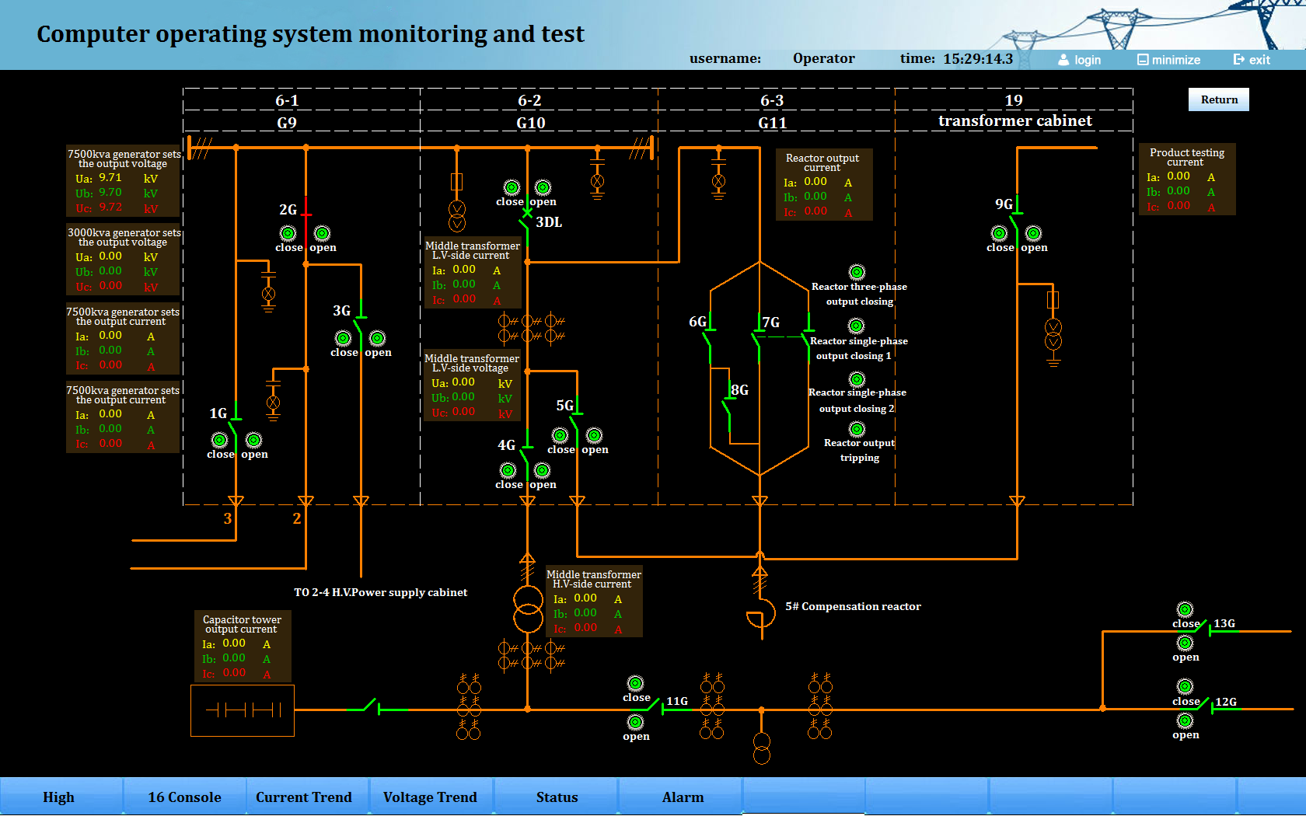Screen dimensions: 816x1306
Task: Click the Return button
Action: pos(1218,99)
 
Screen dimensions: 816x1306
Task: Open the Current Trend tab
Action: pos(303,797)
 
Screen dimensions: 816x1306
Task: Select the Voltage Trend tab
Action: pos(430,797)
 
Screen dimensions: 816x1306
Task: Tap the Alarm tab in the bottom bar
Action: pos(683,797)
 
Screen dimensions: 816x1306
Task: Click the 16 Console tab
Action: pos(184,797)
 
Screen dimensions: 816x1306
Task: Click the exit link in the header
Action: pos(1252,60)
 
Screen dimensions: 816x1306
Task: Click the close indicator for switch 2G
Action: pos(288,233)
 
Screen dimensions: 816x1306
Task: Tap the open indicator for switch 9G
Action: pos(1033,233)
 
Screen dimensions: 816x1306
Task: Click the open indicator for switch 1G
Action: pos(253,440)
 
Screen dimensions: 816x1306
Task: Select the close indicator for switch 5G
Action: pos(560,435)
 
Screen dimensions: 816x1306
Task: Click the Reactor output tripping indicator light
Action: pos(857,429)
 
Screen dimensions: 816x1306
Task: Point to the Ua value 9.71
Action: pos(110,178)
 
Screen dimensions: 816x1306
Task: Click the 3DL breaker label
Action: pos(549,222)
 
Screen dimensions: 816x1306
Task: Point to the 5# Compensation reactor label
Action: pos(853,606)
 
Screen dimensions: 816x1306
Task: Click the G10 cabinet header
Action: pos(531,123)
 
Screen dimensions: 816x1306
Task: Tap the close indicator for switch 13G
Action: pos(1185,609)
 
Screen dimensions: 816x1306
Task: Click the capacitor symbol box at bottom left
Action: pos(243,710)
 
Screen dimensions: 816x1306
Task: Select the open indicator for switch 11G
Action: pos(635,722)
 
